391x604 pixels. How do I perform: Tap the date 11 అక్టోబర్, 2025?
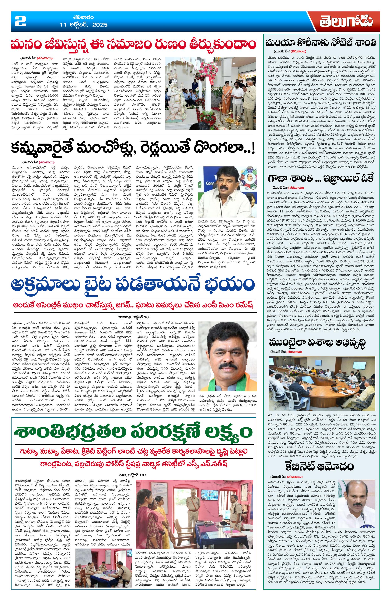tap(83, 25)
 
